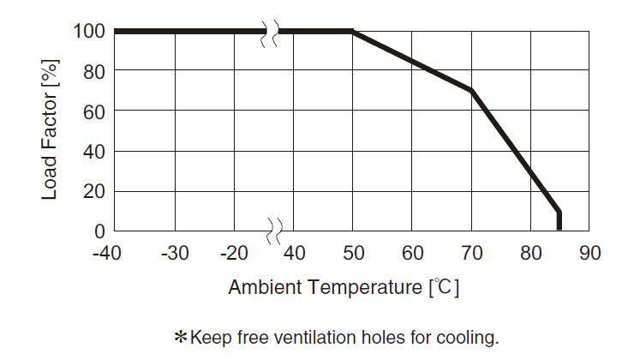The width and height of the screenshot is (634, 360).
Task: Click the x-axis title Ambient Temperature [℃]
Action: (x=344, y=287)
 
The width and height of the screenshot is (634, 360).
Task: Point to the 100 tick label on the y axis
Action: (x=88, y=32)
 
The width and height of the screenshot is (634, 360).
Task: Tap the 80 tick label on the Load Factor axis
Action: (x=93, y=71)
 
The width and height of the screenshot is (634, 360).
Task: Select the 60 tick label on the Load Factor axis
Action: (x=93, y=111)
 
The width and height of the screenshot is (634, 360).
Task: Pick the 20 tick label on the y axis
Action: (x=93, y=191)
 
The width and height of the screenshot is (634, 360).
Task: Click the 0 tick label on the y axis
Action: (x=99, y=231)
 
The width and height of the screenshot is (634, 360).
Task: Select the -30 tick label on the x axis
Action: (x=174, y=254)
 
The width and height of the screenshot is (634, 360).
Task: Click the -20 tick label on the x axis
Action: (x=233, y=254)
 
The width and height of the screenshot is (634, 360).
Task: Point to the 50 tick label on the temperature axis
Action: (x=353, y=254)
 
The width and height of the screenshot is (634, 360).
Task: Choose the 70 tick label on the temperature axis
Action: (x=471, y=254)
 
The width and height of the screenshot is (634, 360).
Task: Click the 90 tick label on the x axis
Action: (x=589, y=254)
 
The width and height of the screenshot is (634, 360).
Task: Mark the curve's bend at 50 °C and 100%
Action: (x=353, y=32)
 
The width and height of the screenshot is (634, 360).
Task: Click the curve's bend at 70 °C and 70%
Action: (x=471, y=91)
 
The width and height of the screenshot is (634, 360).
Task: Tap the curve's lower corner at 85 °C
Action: (x=559, y=212)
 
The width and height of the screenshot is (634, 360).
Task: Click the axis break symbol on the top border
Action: (x=273, y=32)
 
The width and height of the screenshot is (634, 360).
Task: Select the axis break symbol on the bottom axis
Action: (x=273, y=231)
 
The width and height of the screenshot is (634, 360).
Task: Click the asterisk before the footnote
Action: (x=181, y=337)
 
